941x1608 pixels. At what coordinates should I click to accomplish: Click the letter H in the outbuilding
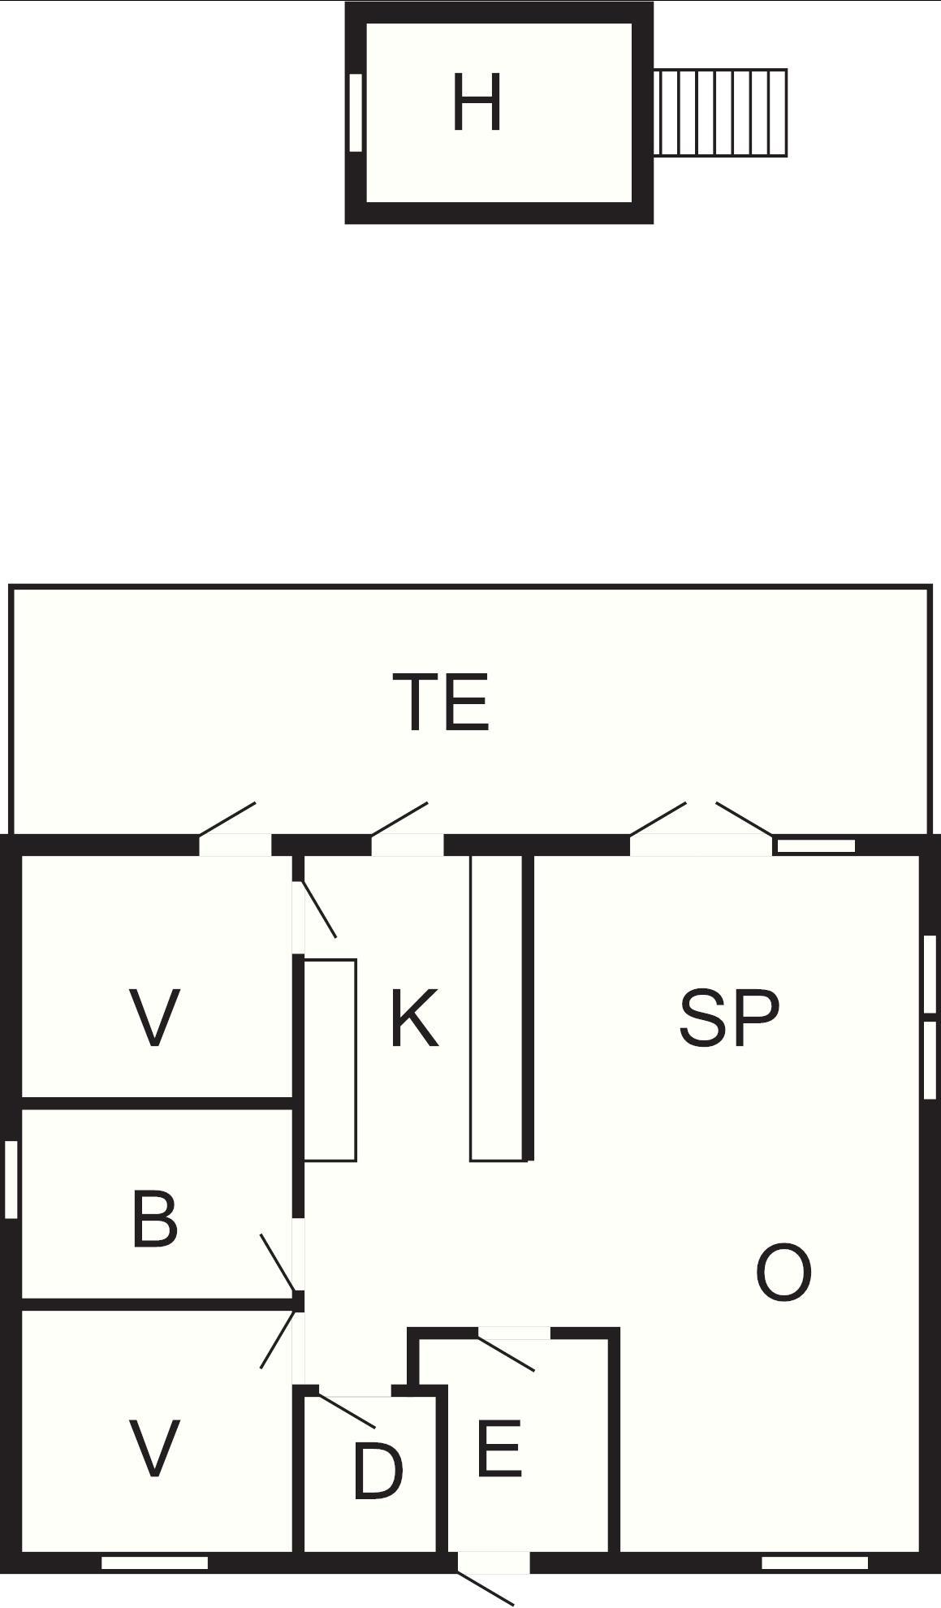point(477,103)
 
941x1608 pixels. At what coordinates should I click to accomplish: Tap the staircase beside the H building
point(720,113)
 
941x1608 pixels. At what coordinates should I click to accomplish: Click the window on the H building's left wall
point(355,113)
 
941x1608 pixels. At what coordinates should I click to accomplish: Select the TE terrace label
point(441,702)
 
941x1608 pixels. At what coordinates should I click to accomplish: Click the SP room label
point(728,1018)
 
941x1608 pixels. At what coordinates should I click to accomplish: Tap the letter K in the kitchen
point(414,1018)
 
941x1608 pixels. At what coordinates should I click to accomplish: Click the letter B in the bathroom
point(154,1219)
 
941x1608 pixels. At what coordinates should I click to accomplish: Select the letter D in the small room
point(378,1472)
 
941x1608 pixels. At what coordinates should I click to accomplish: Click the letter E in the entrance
point(499,1449)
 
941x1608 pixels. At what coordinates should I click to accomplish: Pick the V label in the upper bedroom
point(154,1018)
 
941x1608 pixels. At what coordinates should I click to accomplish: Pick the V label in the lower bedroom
point(154,1449)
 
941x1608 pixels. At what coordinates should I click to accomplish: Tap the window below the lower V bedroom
point(154,1563)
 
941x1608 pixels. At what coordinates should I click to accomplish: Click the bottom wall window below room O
point(814,1563)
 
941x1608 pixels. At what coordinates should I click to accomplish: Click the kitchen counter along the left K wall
point(330,1060)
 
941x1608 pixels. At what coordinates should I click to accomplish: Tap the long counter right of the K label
point(497,1007)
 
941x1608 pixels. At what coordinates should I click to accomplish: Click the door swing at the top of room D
point(347,1411)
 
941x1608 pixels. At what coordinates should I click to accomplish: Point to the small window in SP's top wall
point(815,846)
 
